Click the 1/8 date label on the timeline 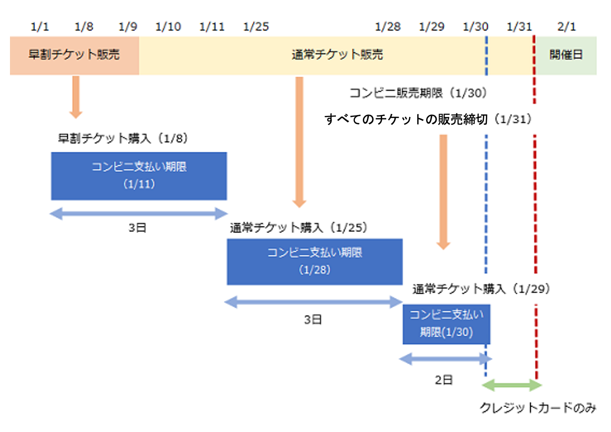point(84,26)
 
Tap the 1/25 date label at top point(256,26)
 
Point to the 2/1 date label point(567,26)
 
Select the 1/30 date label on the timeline point(476,26)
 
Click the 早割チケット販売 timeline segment point(74,55)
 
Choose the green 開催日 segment point(566,55)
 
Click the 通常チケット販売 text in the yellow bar point(337,55)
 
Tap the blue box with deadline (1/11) point(139,176)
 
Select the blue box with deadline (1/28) point(314,261)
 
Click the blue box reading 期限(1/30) point(447,324)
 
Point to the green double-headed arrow point(512,385)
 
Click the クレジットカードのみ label point(538,409)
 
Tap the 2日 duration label point(444,381)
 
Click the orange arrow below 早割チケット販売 point(76,97)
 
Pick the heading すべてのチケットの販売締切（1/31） point(429,119)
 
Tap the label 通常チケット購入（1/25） point(299,228)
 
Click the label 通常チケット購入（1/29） point(481,289)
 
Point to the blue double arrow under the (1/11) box point(139,214)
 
